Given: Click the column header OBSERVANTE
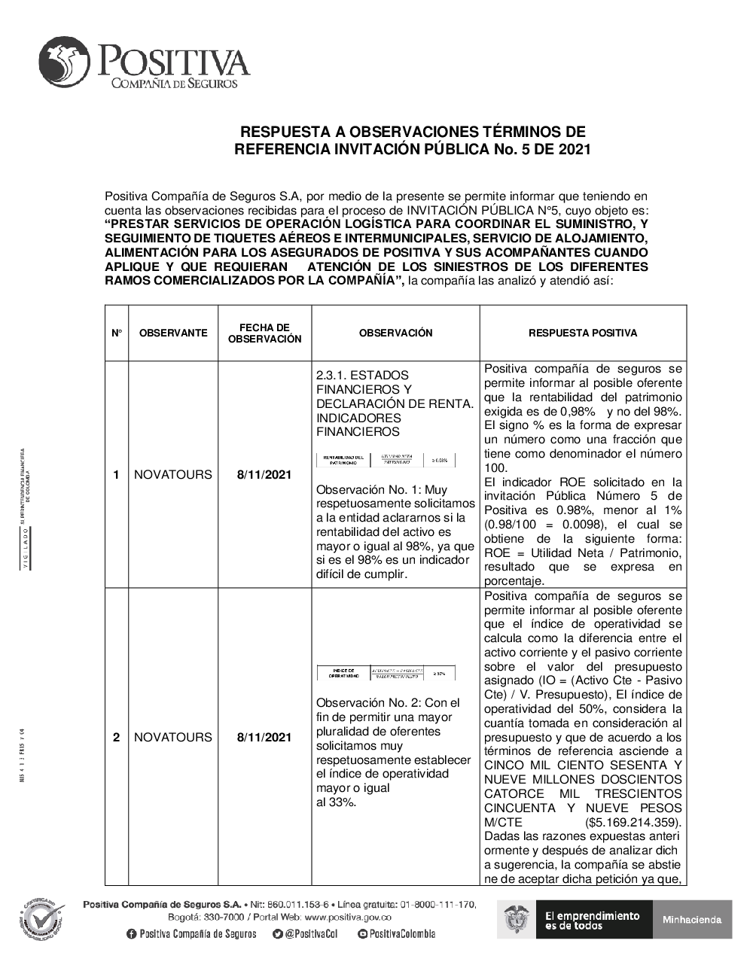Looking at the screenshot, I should click(173, 333).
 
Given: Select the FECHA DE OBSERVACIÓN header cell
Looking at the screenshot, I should click(264, 333).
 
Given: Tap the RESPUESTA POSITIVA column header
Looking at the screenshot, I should click(583, 333).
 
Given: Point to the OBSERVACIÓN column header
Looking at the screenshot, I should click(395, 333).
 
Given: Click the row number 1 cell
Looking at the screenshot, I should click(116, 474).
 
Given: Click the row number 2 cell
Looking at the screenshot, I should click(116, 737).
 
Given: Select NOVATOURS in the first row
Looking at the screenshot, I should click(173, 474).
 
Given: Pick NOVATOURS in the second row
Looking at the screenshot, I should click(173, 737).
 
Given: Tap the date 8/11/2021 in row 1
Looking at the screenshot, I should click(264, 474).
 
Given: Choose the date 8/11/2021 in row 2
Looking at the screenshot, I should click(264, 737).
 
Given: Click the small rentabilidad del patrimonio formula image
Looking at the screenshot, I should click(386, 460).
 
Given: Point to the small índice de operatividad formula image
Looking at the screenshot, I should click(386, 673).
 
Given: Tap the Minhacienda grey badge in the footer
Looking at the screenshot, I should click(692, 919).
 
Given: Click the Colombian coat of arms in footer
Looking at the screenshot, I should click(517, 920).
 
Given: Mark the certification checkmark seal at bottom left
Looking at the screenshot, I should click(40, 921).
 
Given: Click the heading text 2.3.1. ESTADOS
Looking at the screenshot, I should click(362, 375).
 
